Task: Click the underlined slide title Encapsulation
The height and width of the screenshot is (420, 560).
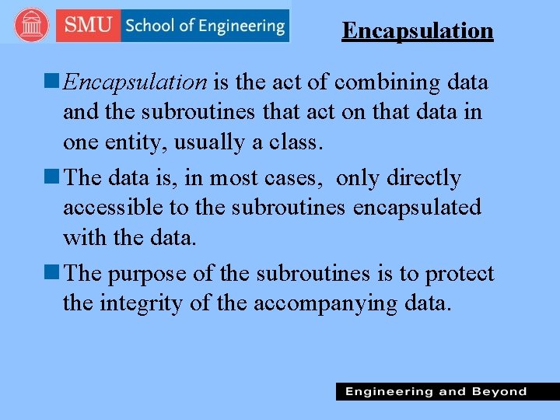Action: coord(418,31)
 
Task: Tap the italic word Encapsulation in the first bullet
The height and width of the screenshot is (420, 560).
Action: coord(135,82)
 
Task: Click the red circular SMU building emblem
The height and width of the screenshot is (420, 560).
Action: coord(31,26)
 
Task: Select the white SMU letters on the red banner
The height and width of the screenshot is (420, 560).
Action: coord(88,26)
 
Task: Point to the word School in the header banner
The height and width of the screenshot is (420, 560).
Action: coord(150,26)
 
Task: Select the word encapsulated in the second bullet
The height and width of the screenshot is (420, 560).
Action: coord(417,208)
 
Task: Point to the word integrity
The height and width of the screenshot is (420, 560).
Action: coord(142,303)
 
